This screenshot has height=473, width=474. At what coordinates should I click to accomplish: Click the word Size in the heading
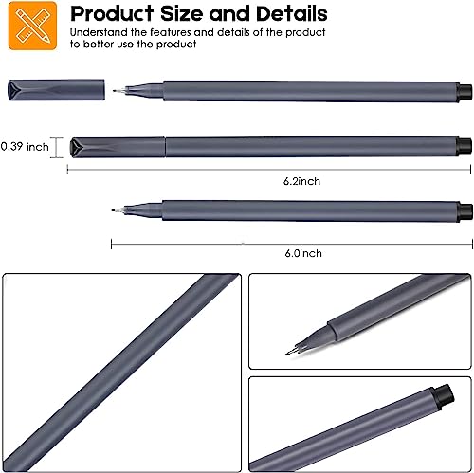[x=179, y=15]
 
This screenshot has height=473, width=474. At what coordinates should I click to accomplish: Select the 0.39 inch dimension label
[x=24, y=146]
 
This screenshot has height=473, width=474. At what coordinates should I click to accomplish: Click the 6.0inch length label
[x=303, y=253]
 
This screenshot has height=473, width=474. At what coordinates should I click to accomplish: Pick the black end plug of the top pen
[x=465, y=92]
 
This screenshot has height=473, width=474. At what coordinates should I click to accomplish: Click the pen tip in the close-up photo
[x=287, y=352]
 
